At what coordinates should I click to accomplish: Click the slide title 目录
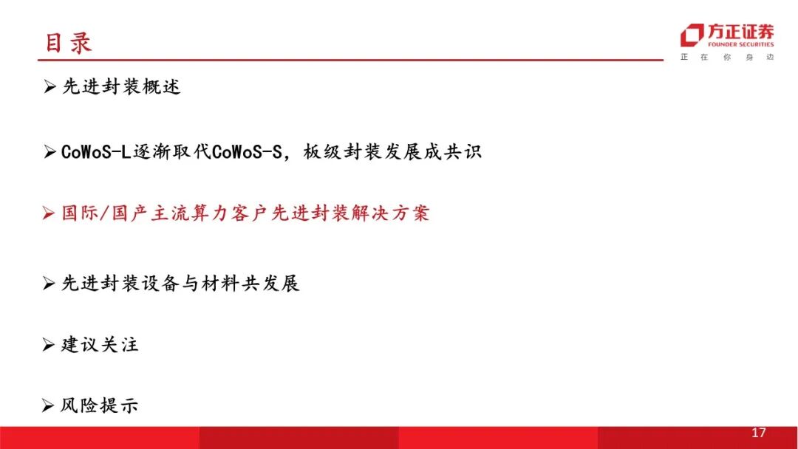click(68, 44)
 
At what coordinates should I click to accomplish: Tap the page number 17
click(758, 433)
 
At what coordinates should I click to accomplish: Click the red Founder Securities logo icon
click(692, 35)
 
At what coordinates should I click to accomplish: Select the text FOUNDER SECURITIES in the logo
click(740, 44)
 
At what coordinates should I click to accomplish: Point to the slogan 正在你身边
click(727, 57)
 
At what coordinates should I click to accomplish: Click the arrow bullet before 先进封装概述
click(50, 86)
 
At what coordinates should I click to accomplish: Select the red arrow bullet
click(48, 213)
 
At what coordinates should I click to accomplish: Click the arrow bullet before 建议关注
click(48, 345)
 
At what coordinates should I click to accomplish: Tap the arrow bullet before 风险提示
click(48, 405)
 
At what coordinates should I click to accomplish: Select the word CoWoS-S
click(247, 151)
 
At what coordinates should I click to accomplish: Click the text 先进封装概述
click(121, 86)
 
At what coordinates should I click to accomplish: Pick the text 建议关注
click(100, 345)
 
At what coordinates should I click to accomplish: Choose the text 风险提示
click(99, 405)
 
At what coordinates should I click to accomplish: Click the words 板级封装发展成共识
click(392, 151)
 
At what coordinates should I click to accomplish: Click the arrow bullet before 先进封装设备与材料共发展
click(49, 284)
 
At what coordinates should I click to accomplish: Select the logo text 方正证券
click(740, 32)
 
